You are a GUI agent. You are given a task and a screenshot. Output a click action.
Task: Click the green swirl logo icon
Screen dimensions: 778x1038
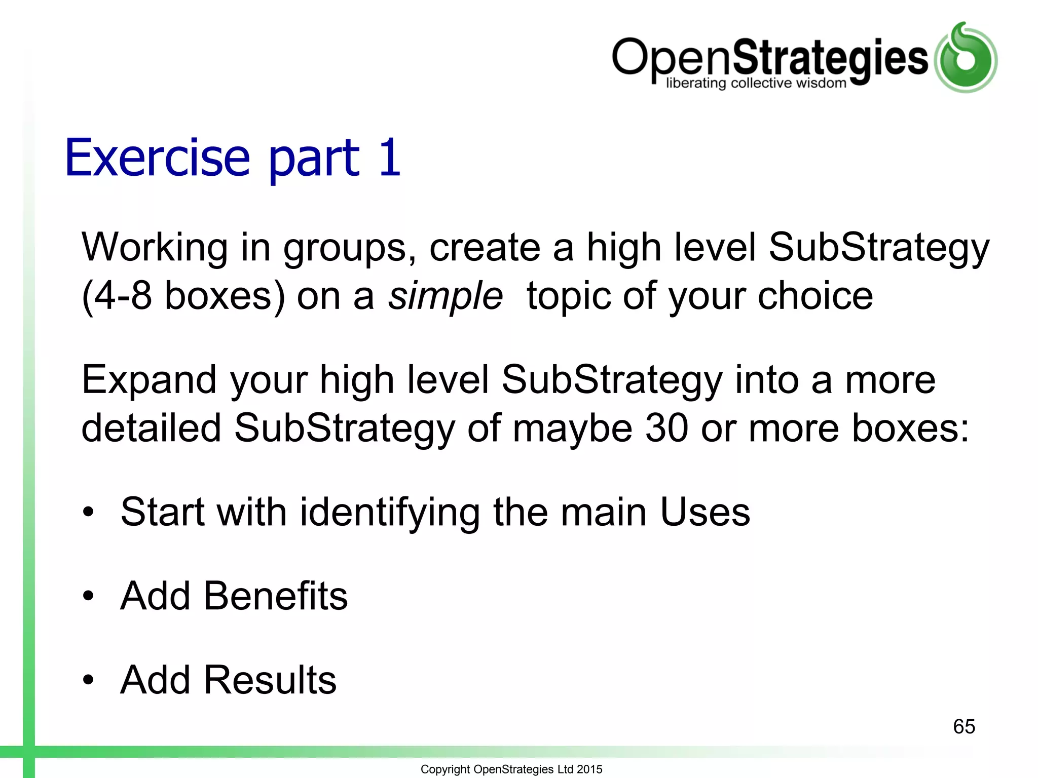coord(966,58)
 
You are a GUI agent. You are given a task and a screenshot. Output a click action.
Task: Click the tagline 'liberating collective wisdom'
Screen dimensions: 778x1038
coord(756,83)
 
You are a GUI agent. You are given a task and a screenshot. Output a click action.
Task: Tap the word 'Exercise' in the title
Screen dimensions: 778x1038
coord(158,158)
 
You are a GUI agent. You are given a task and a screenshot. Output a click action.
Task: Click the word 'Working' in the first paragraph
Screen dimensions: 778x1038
coord(155,248)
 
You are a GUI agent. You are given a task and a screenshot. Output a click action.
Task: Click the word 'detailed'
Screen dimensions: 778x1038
coord(151,428)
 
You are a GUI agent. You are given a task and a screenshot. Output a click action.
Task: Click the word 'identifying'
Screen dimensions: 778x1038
coord(389,512)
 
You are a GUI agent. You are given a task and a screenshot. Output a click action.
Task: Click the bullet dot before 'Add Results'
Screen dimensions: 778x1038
coord(89,680)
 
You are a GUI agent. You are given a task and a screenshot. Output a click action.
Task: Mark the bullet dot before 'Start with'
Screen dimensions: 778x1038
coord(89,513)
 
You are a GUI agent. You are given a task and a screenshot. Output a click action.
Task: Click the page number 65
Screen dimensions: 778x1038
coord(964,726)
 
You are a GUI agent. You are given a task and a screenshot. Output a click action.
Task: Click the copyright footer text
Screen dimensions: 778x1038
coord(511,769)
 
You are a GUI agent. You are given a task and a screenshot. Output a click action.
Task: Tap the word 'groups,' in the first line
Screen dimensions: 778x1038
coord(350,248)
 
